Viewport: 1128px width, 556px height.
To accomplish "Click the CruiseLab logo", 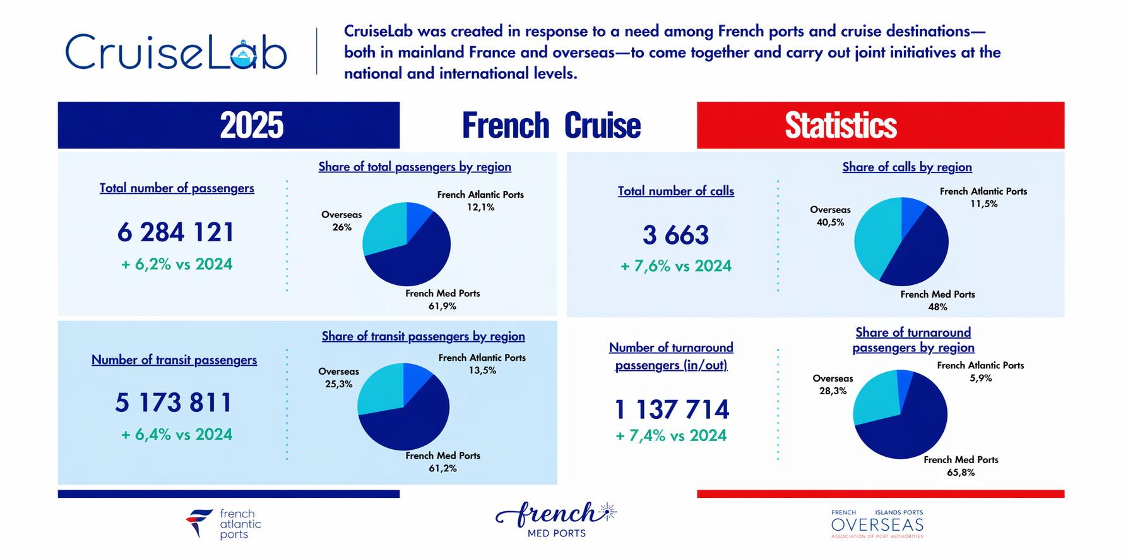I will point(176,52).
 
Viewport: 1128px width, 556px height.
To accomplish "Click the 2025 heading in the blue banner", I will point(251,125).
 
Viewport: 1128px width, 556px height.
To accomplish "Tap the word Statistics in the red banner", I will point(840,125).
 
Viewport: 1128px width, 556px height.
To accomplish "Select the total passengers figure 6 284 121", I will point(175,233).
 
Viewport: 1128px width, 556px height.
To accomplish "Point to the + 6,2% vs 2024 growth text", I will point(177,264).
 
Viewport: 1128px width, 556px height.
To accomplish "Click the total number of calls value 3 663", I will point(675,235).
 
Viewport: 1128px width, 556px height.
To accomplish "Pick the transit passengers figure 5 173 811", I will point(174,402).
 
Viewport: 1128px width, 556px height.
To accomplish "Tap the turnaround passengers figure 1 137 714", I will point(672,409).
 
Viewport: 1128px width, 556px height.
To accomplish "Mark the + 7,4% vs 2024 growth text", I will point(671,435).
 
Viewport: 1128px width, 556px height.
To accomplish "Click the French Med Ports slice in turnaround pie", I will point(909,430).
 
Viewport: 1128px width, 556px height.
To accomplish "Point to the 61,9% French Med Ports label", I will point(442,300).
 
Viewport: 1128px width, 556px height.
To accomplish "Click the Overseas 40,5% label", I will point(830,216).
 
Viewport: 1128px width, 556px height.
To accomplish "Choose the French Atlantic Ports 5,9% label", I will point(980,372).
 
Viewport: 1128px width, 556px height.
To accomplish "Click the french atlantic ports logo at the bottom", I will point(223,524).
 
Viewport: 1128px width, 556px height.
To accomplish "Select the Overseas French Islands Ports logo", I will point(877,524).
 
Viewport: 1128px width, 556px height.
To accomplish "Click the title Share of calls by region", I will point(906,167).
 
